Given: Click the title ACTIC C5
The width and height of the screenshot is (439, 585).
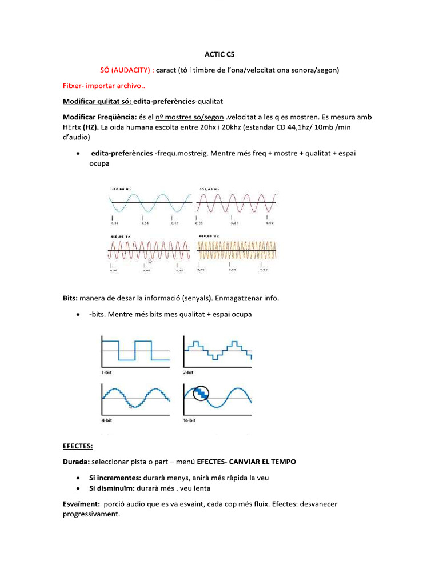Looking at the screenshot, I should (x=219, y=55).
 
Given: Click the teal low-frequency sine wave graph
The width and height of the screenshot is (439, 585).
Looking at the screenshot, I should (x=150, y=202).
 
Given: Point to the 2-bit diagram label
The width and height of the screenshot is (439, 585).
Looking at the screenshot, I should (x=190, y=371).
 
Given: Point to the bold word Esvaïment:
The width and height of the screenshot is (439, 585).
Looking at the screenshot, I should (x=81, y=503).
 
